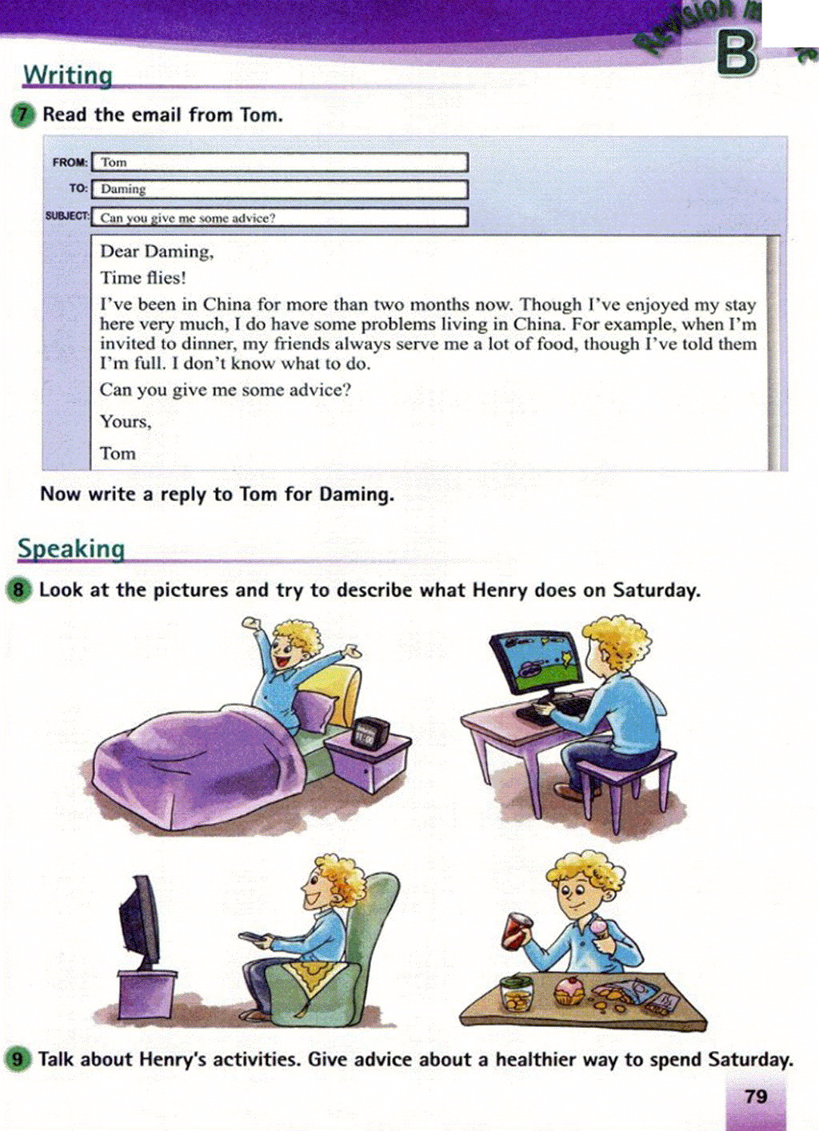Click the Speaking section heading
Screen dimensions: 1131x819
(71, 548)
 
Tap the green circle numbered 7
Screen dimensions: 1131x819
(22, 114)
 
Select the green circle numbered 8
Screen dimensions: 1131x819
(18, 591)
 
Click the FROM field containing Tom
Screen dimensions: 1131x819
(279, 162)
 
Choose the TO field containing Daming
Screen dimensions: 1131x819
(279, 189)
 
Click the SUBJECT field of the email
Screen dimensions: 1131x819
(279, 217)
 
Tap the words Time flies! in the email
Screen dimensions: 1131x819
(143, 278)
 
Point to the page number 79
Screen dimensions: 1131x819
(756, 1097)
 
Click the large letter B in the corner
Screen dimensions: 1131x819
(736, 54)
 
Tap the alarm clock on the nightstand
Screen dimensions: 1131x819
(370, 731)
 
